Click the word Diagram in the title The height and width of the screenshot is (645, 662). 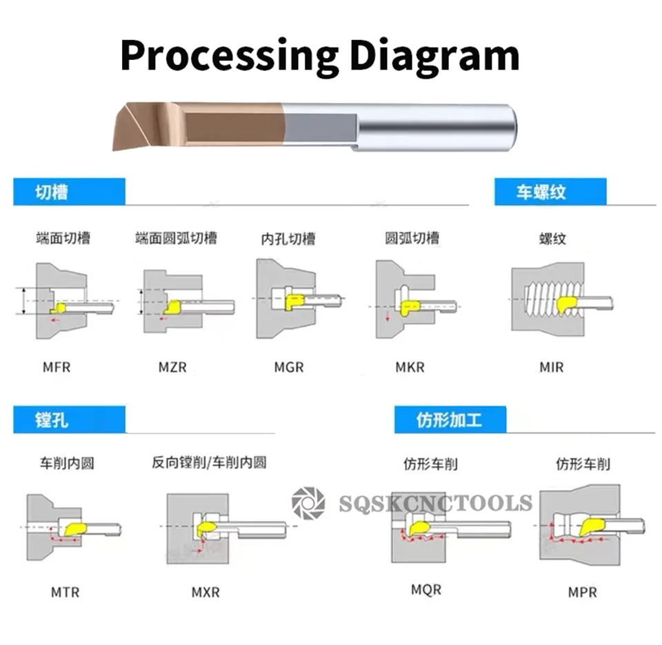coord(434,55)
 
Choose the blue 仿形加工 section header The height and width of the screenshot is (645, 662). coord(450,419)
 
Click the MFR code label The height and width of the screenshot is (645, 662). coord(57,366)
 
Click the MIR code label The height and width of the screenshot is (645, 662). coord(552,366)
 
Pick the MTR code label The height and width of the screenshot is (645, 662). coord(65,592)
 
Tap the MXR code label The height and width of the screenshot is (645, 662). coord(205,592)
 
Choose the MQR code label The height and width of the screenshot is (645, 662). coord(426,590)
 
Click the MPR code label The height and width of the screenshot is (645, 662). coord(582,592)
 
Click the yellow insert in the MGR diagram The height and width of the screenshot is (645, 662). coord(295,301)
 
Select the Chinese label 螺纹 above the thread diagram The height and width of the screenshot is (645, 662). coord(552,239)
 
